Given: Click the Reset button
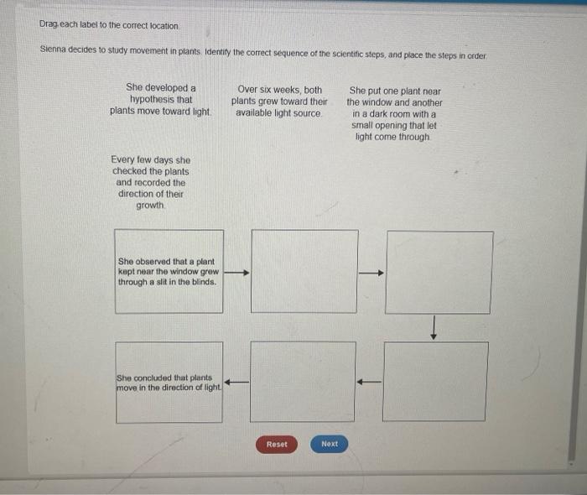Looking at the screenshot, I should pyautogui.click(x=277, y=444).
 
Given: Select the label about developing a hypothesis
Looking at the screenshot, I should pyautogui.click(x=160, y=99).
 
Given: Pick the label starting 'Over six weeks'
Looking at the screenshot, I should pyautogui.click(x=279, y=101).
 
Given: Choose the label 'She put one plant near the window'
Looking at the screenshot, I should pyautogui.click(x=394, y=113).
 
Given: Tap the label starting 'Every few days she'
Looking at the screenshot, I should pyautogui.click(x=151, y=182).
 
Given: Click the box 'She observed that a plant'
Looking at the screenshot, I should pyautogui.click(x=169, y=272).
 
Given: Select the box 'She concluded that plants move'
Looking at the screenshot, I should pyautogui.click(x=169, y=382).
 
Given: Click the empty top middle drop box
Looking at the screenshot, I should pyautogui.click(x=304, y=272).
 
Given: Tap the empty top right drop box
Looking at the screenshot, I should pyautogui.click(x=439, y=272).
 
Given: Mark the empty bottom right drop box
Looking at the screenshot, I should pyautogui.click(x=435, y=382).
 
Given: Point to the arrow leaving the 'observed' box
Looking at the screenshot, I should pyautogui.click(x=237, y=272).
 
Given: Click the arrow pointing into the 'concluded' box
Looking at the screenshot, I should pyautogui.click(x=237, y=382).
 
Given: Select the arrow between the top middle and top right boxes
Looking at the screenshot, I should pyautogui.click(x=371, y=272).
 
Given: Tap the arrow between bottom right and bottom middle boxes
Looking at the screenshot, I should pyautogui.click(x=369, y=382).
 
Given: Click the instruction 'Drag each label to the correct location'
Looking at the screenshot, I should pyautogui.click(x=109, y=26).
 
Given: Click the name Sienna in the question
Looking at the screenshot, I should pyautogui.click(x=55, y=51).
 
